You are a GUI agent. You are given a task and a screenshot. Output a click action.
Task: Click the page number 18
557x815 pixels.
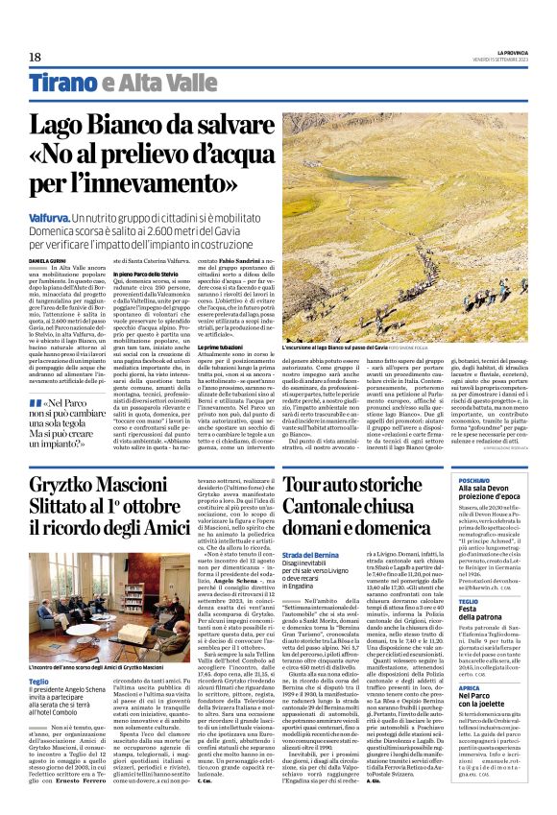(35, 57)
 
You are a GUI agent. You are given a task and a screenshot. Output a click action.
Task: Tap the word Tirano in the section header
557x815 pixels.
(61, 84)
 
